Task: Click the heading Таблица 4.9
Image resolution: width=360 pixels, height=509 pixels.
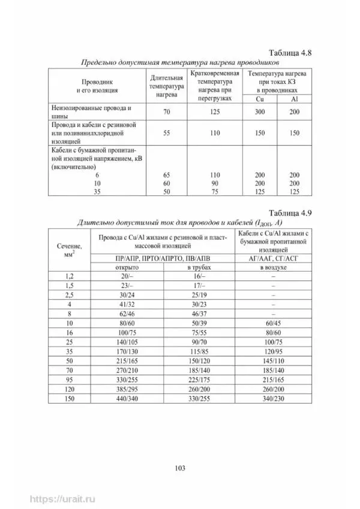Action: tap(290, 212)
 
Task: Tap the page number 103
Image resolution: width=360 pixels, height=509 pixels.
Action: tap(179, 468)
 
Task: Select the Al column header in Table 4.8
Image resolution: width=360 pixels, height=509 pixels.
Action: tap(294, 98)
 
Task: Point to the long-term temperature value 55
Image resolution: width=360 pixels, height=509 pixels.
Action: tap(163, 132)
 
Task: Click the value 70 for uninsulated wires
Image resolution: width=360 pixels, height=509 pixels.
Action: tap(163, 112)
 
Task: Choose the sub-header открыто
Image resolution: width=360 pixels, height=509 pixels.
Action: tap(127, 266)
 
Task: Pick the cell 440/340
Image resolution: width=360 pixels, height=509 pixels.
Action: tap(127, 399)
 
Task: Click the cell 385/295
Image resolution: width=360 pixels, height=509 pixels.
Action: tap(127, 389)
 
